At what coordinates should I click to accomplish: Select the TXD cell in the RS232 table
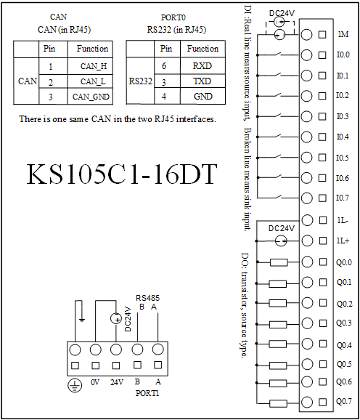(x=202, y=81)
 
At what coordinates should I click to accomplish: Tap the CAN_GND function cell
(x=91, y=97)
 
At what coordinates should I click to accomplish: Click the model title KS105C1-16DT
(x=122, y=174)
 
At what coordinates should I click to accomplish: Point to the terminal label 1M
(x=343, y=34)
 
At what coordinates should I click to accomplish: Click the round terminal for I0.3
(x=306, y=116)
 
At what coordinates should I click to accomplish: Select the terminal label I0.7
(x=343, y=198)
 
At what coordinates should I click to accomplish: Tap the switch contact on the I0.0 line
(x=278, y=54)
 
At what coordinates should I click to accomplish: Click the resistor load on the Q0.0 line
(x=279, y=262)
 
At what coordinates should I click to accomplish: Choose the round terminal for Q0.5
(x=307, y=364)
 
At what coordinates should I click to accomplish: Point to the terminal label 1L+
(x=343, y=241)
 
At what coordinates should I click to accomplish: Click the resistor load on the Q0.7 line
(x=278, y=403)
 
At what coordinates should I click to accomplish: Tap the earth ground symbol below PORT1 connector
(x=75, y=386)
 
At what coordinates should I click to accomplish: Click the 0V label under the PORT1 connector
(x=95, y=382)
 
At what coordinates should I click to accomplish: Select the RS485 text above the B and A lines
(x=147, y=298)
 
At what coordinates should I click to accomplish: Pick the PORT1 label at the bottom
(x=147, y=393)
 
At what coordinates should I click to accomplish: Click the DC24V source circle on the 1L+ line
(x=281, y=241)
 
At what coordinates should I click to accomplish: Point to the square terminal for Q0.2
(x=323, y=303)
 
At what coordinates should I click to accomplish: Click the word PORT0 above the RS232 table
(x=173, y=17)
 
